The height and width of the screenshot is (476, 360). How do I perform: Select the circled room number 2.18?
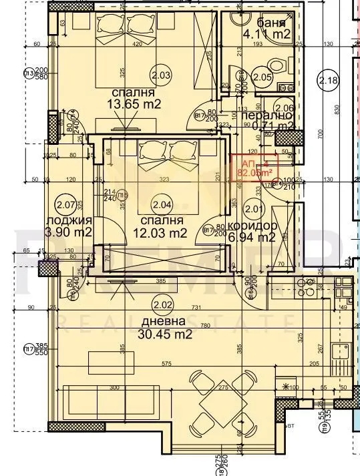330,81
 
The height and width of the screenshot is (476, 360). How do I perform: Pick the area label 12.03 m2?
160,233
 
